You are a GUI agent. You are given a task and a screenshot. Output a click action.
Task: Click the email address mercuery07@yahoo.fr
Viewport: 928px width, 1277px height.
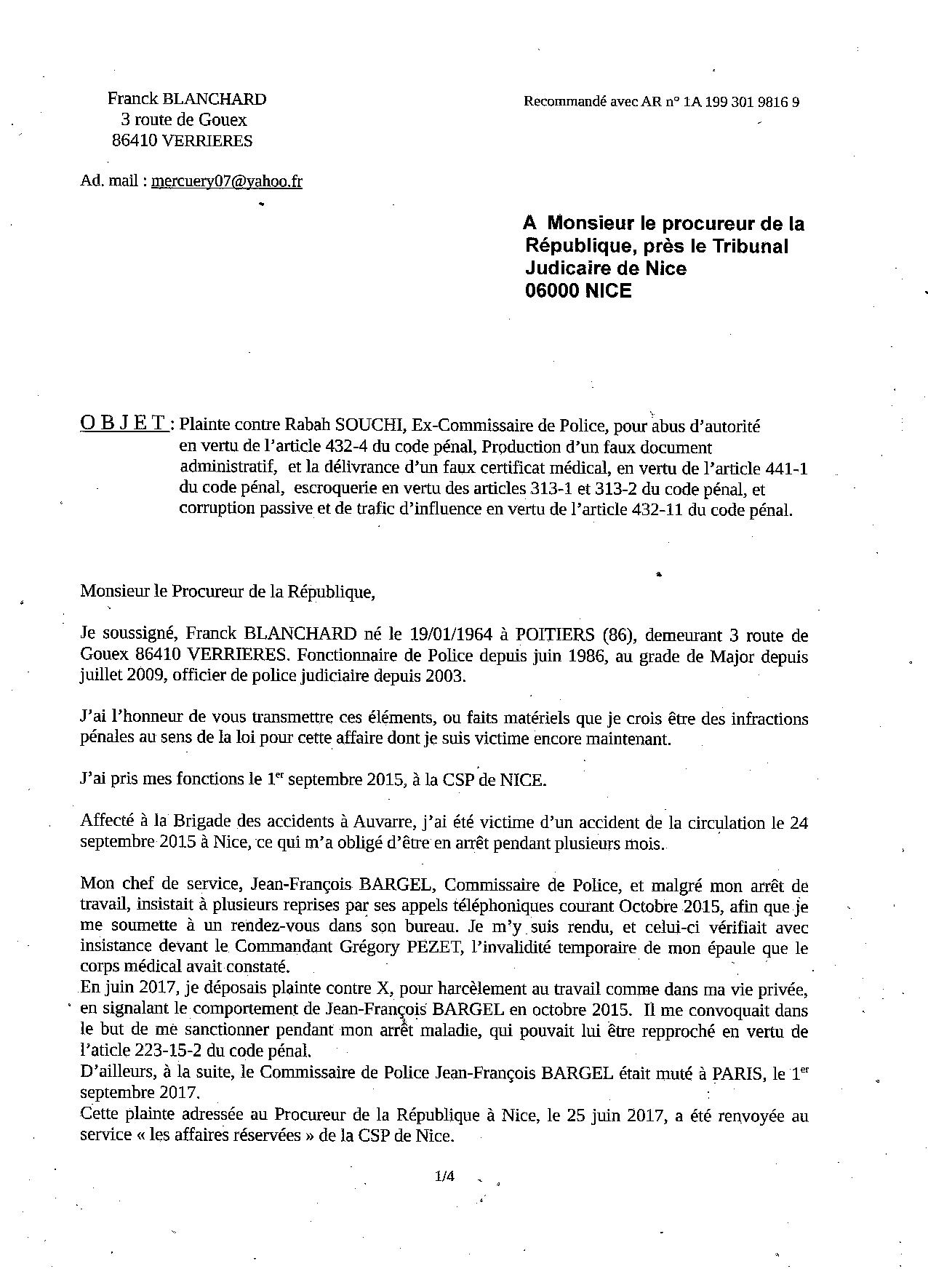tap(226, 181)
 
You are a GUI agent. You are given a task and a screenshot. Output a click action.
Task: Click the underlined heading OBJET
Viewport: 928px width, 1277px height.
tap(124, 423)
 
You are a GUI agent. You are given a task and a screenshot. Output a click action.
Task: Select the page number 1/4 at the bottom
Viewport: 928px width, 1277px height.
tap(444, 1177)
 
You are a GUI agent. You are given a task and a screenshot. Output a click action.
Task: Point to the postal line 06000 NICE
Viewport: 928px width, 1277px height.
tap(578, 291)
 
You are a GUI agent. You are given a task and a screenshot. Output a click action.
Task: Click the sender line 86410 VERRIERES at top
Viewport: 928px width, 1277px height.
tap(182, 141)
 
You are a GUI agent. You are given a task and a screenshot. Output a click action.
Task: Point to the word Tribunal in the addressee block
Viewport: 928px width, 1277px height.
tap(750, 246)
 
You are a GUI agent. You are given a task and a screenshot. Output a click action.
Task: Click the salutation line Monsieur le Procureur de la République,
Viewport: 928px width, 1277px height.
tap(228, 592)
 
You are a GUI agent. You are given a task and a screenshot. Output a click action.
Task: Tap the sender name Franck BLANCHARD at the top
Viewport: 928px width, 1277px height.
tap(187, 99)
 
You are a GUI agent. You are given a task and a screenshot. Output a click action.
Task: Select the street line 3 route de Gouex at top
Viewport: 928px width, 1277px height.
tap(184, 120)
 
